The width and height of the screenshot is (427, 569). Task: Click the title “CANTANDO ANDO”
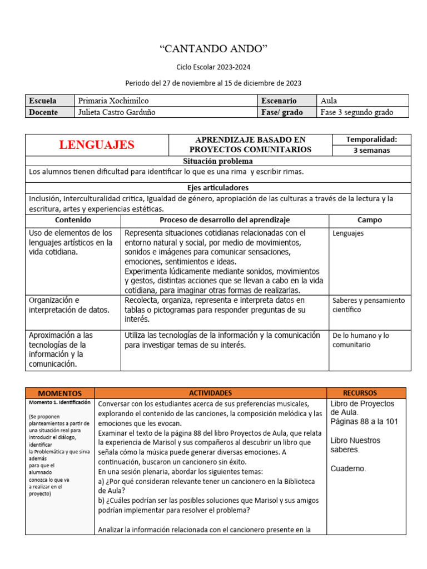click(213, 49)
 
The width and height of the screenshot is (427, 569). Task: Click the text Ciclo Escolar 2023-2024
click(213, 67)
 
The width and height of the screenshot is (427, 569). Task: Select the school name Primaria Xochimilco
click(113, 101)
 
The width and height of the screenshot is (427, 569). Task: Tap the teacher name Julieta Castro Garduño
click(117, 112)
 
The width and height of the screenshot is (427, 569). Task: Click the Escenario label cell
click(279, 101)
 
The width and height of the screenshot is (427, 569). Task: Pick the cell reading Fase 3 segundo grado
click(357, 112)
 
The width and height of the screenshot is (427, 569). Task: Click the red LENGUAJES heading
click(97, 145)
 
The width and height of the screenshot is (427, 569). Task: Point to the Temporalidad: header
click(371, 139)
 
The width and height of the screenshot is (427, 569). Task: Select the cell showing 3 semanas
click(371, 150)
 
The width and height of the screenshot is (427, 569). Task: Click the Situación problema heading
click(218, 161)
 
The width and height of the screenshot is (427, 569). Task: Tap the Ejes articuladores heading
click(218, 188)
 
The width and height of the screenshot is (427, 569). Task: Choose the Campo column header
click(370, 220)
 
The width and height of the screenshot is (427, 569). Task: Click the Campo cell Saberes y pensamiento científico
click(368, 305)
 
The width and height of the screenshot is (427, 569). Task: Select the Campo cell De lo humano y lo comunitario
click(360, 340)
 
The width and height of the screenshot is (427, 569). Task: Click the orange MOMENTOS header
click(60, 393)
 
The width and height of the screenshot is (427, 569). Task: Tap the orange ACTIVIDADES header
click(210, 393)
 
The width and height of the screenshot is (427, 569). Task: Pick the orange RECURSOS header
click(367, 393)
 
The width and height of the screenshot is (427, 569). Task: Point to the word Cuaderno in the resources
click(349, 468)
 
